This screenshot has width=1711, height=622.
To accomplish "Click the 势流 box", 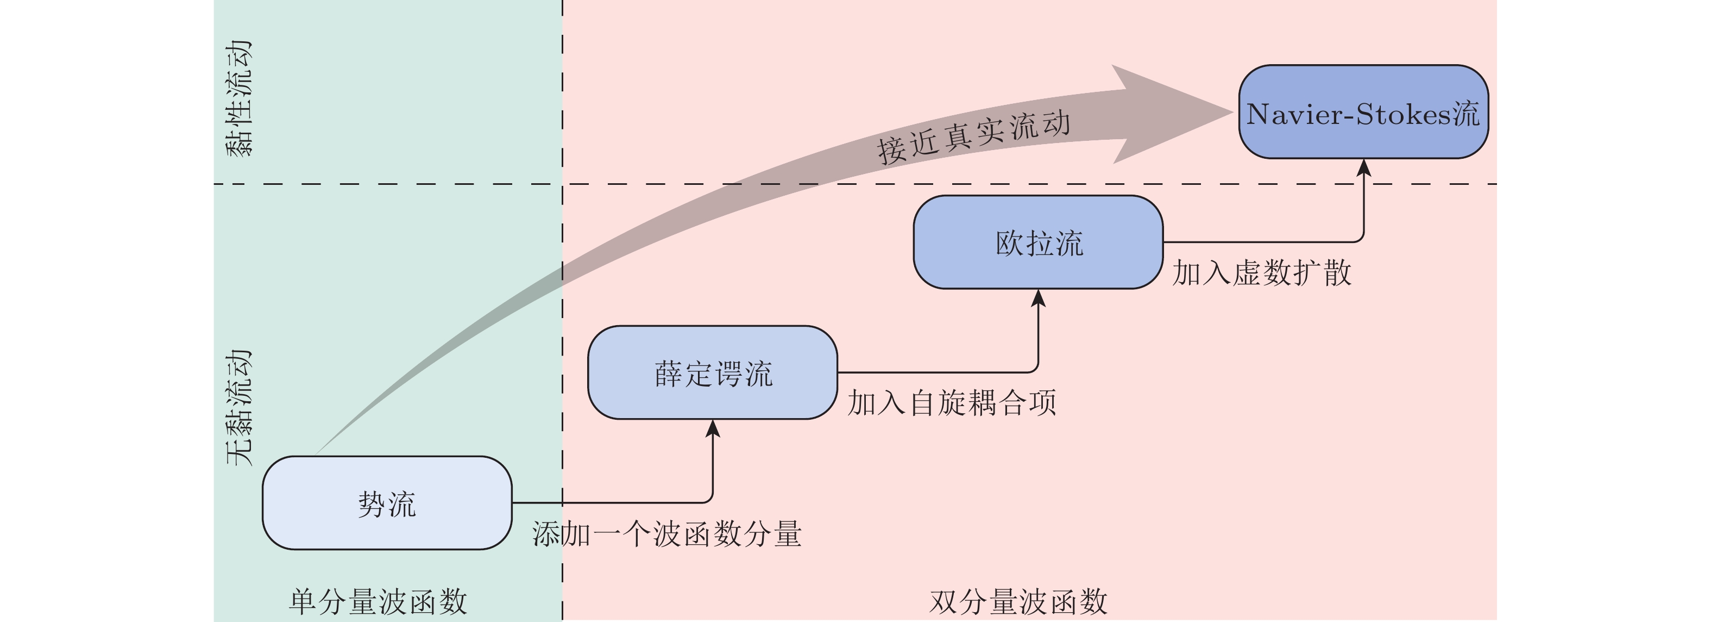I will [387, 503].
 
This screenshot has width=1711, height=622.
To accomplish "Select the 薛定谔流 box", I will [712, 373].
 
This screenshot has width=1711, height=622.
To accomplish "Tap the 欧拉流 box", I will [1038, 242].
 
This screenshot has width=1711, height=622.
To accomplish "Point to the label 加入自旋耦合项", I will [951, 403].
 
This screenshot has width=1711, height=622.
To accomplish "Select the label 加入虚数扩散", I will [1261, 273].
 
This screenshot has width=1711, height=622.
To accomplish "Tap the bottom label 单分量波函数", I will [378, 602].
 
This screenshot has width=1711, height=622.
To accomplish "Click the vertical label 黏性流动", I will [240, 98].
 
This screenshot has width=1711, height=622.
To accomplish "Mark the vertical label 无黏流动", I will [240, 407].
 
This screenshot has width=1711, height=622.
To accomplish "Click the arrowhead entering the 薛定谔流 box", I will [713, 428].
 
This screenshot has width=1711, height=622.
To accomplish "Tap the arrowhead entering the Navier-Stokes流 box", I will [1363, 167].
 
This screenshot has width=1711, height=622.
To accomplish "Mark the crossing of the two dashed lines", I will [563, 183].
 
